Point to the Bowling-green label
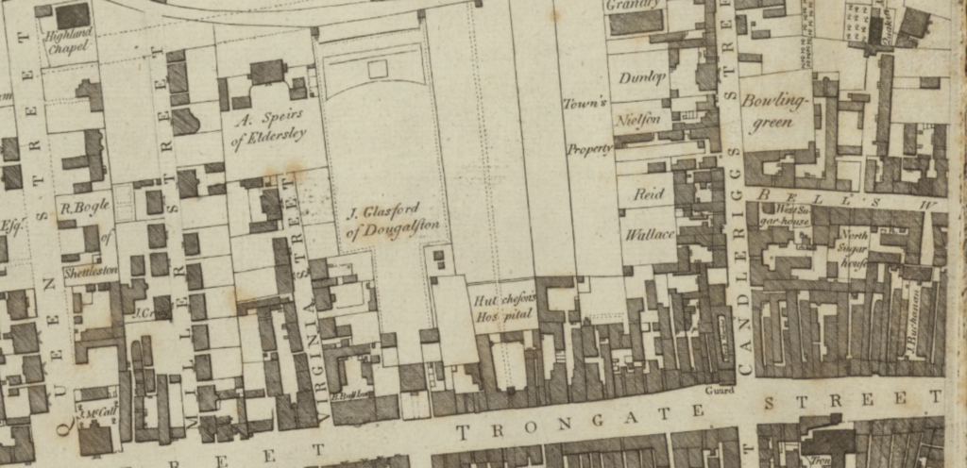(776, 110)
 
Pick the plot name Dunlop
(643, 78)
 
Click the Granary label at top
(634, 5)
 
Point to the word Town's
(585, 103)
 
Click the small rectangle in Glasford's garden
(377, 68)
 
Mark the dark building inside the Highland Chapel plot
(72, 15)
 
